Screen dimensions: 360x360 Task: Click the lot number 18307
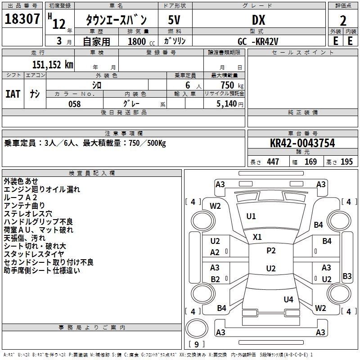pos(22,19)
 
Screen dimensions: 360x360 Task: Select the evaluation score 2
pos(343,21)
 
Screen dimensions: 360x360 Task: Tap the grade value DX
pos(258,20)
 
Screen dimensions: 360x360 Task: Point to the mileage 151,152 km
pos(53,64)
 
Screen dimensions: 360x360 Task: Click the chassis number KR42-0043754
pos(303,144)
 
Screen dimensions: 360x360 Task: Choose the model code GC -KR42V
pos(258,41)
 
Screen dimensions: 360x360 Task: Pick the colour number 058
pos(74,104)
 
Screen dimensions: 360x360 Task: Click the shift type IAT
pos(13,94)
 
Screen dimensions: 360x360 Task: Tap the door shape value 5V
pos(175,20)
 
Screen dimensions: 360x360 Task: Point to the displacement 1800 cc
pos(137,41)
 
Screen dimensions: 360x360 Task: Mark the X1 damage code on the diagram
pos(257,237)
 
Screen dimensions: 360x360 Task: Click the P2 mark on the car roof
pos(271,251)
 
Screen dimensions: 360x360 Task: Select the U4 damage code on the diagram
pos(288,299)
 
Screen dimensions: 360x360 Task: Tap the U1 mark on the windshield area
pos(251,216)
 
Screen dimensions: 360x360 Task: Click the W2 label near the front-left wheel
pos(216,206)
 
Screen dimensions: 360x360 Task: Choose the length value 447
pos(273,162)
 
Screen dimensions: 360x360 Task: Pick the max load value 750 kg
pos(229,85)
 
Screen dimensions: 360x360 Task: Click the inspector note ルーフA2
pos(21,198)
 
